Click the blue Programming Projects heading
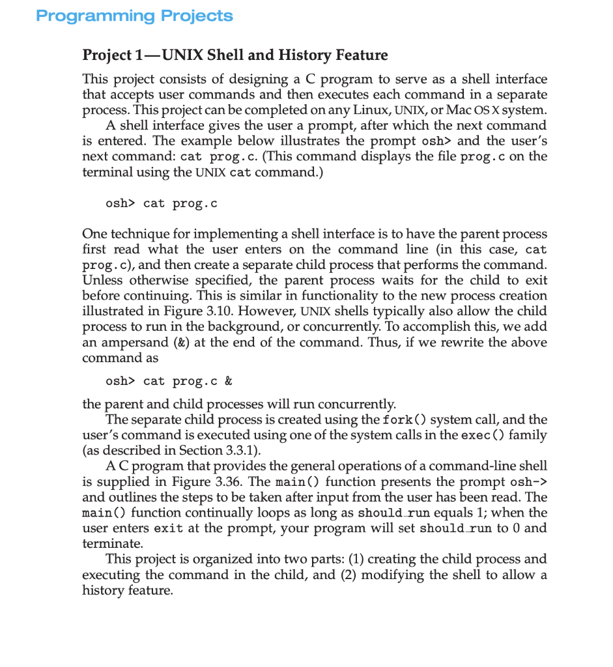(134, 16)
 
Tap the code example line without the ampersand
(161, 204)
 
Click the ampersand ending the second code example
(228, 381)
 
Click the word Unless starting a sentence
(103, 280)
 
